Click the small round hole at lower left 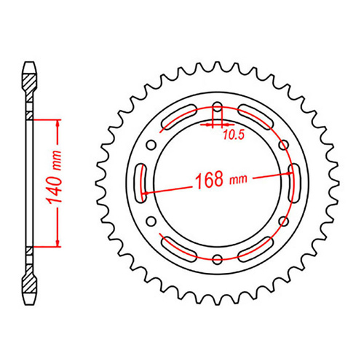point(151,218)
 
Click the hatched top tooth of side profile point(29,73)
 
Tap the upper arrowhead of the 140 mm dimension point(56,121)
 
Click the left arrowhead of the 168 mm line point(146,193)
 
